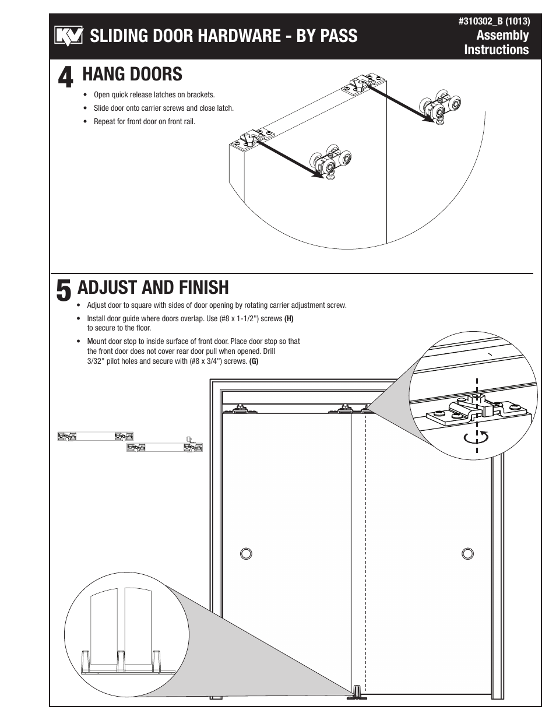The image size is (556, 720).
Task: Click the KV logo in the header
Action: click(x=69, y=36)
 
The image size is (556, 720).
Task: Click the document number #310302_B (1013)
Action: click(x=494, y=22)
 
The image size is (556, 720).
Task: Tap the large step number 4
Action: click(x=66, y=78)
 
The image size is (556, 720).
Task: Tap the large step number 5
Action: click(x=64, y=291)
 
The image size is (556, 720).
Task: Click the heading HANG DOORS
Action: click(x=132, y=74)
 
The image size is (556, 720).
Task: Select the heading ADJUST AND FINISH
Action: click(x=153, y=287)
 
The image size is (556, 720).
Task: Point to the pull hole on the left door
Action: click(x=246, y=553)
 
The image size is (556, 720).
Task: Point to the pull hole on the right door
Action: click(x=467, y=553)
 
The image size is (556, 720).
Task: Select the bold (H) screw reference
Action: click(x=288, y=319)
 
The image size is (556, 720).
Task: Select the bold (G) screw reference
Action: click(x=254, y=361)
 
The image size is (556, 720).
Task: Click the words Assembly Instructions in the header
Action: click(x=497, y=43)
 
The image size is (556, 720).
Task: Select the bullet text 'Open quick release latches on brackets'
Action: click(x=154, y=94)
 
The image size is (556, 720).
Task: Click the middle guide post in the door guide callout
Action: click(x=121, y=661)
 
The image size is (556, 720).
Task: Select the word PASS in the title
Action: click(x=338, y=36)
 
